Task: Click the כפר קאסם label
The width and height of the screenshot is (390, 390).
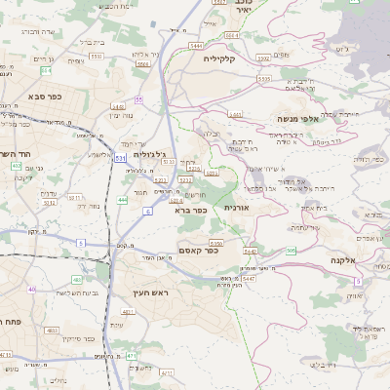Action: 199,250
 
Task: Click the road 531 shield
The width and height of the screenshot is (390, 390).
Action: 120,157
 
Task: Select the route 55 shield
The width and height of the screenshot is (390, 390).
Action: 139,99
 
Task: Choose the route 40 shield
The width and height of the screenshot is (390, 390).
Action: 32,289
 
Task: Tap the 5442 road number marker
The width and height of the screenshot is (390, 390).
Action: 250,251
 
